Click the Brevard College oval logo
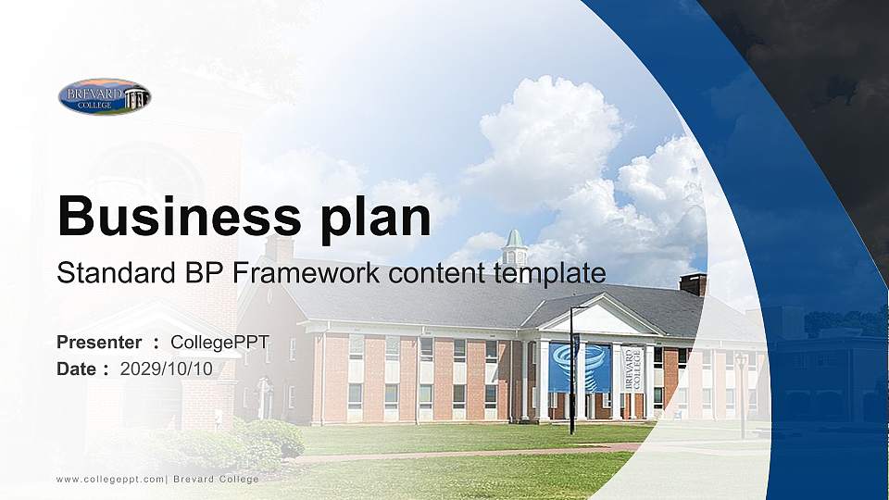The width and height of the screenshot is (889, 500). click(x=104, y=96)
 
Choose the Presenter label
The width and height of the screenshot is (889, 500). click(x=99, y=343)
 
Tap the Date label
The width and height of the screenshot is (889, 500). click(x=77, y=369)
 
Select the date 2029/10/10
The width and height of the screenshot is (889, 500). click(x=167, y=369)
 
